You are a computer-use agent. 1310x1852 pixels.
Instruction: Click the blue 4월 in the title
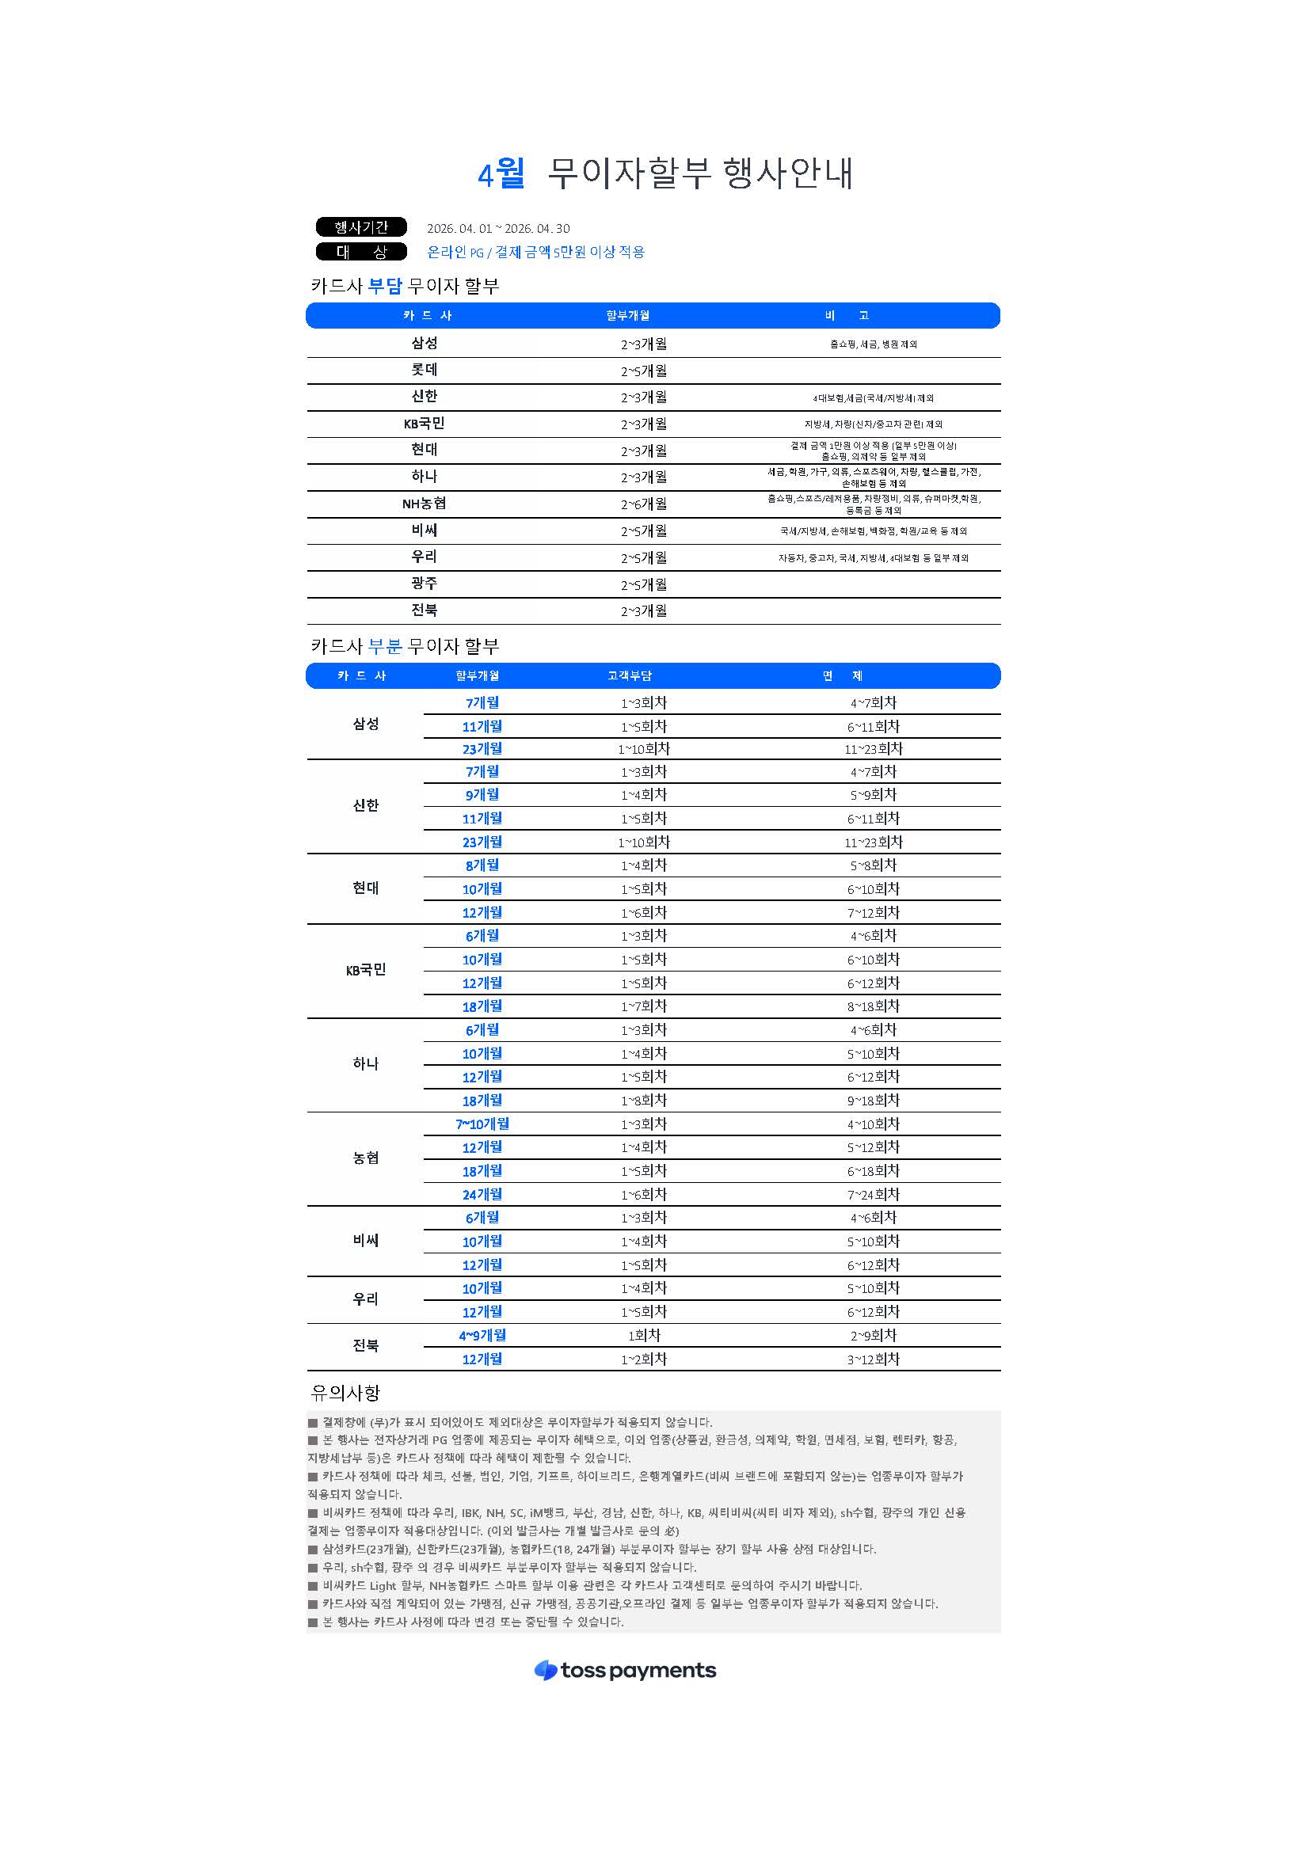(501, 173)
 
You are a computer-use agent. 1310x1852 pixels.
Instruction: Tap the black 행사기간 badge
(361, 227)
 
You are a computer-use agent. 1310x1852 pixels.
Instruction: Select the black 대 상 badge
(361, 252)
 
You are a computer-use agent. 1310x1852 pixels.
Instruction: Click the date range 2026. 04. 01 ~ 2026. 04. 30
(497, 229)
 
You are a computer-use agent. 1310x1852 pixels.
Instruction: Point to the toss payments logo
(625, 1670)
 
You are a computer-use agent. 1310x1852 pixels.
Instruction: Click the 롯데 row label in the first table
(425, 371)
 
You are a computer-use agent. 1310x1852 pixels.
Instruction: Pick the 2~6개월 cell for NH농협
(644, 504)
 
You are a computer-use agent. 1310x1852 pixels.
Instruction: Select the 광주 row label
(425, 584)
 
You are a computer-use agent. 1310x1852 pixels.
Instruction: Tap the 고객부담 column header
(629, 676)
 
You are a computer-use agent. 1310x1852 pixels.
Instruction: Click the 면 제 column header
(842, 676)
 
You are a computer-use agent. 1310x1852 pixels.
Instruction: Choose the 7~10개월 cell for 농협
(482, 1124)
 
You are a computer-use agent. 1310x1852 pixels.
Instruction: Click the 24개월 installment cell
(482, 1194)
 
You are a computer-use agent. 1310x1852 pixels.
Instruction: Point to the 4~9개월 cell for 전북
(482, 1336)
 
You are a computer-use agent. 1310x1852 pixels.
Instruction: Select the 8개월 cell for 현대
(482, 865)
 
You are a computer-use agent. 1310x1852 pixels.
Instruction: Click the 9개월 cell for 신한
(482, 795)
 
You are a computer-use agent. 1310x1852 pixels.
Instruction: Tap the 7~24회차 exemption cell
(873, 1194)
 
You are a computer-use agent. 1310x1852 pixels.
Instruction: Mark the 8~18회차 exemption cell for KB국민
(873, 1006)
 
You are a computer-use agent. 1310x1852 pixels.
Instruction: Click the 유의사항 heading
(345, 1392)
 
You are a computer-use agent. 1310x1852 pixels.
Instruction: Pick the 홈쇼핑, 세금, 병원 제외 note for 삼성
(873, 344)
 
